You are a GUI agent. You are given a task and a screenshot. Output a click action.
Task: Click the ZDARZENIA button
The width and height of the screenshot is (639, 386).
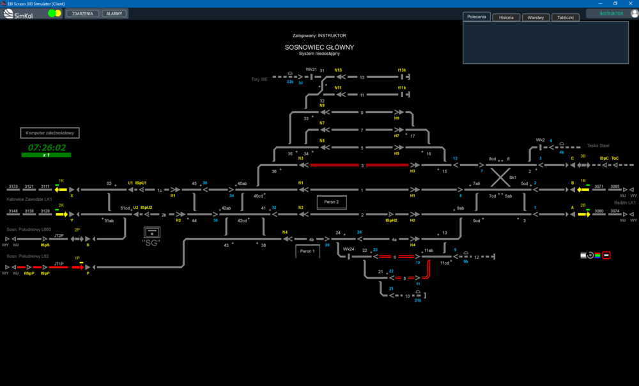(83, 13)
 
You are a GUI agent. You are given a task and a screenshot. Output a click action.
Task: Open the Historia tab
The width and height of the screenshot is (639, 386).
(506, 17)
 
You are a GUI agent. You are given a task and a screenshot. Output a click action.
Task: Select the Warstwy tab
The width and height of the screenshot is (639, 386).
(535, 17)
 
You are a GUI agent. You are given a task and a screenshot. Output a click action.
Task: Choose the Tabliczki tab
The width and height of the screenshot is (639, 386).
(565, 17)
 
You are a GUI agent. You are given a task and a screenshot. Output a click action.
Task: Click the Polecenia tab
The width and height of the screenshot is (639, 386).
(477, 17)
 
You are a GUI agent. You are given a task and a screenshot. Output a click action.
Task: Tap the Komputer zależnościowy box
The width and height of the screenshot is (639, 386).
(50, 133)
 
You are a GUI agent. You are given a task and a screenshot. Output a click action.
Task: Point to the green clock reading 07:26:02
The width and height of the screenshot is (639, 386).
(47, 148)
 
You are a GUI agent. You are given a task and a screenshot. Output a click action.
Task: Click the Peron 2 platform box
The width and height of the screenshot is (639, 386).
(332, 202)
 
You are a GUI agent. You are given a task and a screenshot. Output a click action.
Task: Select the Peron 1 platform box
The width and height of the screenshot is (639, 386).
(307, 252)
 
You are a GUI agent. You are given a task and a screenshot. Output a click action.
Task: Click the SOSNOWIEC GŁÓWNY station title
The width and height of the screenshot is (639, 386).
(319, 47)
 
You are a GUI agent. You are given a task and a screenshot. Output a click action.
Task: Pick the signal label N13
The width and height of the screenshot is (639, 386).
(338, 70)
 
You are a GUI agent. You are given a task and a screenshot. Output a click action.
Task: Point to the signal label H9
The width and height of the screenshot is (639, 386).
(396, 118)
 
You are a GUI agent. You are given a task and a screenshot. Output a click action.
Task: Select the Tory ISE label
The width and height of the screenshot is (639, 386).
(259, 79)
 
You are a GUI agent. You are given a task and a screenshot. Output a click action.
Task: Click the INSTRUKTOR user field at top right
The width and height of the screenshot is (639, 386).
(611, 13)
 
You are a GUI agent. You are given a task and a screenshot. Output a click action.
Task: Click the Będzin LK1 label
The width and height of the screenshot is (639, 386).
(624, 203)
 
